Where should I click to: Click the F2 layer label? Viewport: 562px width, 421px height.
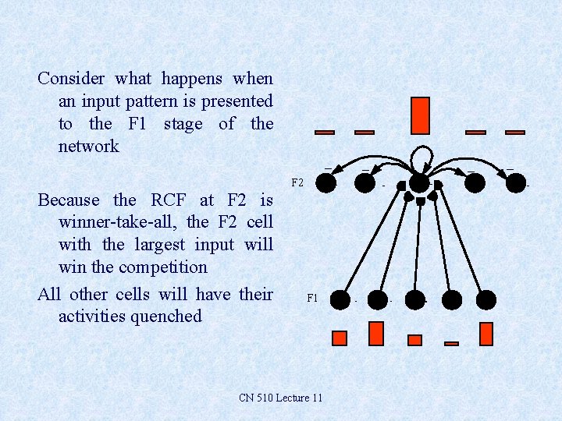coord(297,183)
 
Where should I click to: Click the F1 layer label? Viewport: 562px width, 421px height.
coord(312,298)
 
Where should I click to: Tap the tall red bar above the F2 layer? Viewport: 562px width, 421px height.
coord(420,115)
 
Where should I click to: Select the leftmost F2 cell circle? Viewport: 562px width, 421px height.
coord(326,182)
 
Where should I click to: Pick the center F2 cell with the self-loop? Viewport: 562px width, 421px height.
coord(420,183)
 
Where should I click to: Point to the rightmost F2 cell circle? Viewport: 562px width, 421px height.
coord(516,182)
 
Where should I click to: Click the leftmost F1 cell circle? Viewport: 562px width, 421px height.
coord(340,299)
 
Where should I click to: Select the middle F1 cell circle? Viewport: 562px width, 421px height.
coord(414,299)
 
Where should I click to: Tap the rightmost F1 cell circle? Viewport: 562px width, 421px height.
coord(486,299)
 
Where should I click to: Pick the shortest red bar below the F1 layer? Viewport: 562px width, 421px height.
coord(451,343)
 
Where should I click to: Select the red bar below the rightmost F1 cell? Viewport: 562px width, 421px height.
coord(486,334)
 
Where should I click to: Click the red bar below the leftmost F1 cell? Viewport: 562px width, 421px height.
coord(340,338)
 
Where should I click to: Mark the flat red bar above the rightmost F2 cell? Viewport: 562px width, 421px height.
coord(515,133)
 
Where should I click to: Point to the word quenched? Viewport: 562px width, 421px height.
coord(168,317)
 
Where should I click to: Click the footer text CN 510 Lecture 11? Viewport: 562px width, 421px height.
coord(280,398)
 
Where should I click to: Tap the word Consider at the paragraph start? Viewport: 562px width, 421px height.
coord(72,79)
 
